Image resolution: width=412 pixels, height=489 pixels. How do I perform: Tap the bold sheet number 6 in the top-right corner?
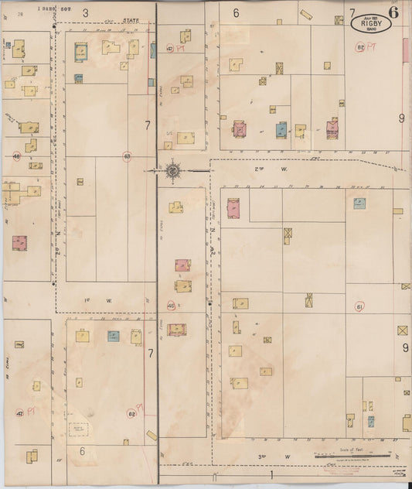point(394,11)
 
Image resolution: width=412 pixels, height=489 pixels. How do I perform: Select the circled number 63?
point(127,156)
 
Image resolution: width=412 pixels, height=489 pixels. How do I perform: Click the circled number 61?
point(359,307)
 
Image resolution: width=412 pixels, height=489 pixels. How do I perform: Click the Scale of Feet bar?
point(352,457)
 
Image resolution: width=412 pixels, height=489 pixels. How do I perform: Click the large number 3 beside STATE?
point(85,12)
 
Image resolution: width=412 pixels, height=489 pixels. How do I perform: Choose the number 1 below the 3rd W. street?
point(271,473)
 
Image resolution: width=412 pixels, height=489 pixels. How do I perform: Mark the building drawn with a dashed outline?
point(79,427)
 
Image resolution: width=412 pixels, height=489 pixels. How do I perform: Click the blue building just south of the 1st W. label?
point(113,336)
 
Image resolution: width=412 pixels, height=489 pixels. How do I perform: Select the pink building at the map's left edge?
point(19,243)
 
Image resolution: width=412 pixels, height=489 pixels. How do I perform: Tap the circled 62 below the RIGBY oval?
point(360,48)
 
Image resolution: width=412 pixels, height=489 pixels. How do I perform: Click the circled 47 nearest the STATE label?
point(169,48)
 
